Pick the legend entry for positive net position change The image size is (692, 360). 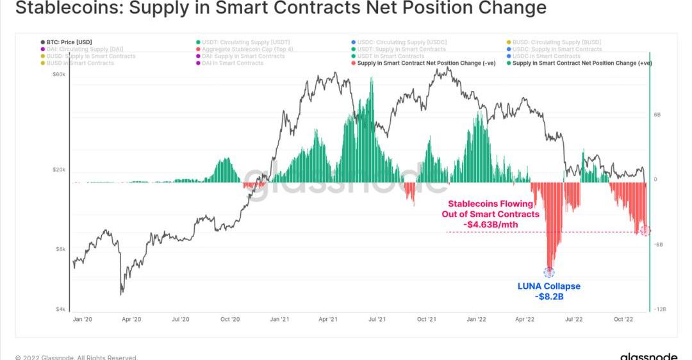click(582, 63)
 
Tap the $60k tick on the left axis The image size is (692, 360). click(59, 75)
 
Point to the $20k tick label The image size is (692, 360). click(59, 170)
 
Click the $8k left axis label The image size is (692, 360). click(60, 249)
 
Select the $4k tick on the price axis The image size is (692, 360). click(60, 309)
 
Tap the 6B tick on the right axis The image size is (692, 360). click(657, 115)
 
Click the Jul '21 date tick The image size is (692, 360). click(377, 319)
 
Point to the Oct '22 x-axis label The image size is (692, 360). click(623, 319)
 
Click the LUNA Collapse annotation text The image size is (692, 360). click(548, 286)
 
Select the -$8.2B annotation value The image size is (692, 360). click(548, 297)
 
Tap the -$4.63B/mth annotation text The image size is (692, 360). click(490, 224)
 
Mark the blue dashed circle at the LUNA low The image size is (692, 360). click(549, 272)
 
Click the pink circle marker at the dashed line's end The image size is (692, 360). click(646, 231)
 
